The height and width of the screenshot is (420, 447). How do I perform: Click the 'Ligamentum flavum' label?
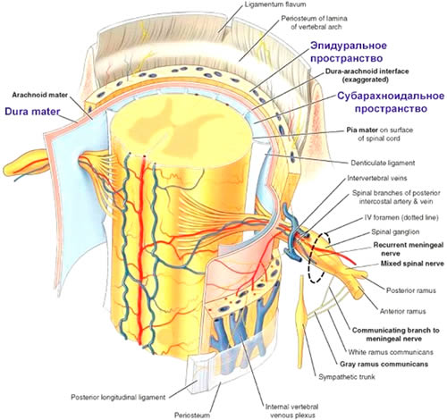pos(274,4)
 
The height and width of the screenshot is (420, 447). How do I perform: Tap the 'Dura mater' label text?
pos(32,112)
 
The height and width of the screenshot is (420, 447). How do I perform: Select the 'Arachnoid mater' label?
pos(40,95)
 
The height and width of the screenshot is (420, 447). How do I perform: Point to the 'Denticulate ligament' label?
pos(383,163)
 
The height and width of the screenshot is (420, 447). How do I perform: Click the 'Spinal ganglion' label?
pos(395,231)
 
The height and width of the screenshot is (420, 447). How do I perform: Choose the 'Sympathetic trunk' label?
pos(347,377)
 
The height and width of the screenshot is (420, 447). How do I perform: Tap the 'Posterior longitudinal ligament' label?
pos(118,398)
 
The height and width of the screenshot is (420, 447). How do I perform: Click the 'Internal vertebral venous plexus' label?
pos(291,411)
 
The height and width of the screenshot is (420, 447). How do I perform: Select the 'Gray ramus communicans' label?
pos(384,364)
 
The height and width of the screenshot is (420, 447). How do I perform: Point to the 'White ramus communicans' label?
pos(391,352)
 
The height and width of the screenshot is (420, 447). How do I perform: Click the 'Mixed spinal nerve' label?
pos(412,264)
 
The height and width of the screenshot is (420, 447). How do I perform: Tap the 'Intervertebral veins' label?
pos(377,178)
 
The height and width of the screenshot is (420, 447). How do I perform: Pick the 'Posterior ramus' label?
pos(411,290)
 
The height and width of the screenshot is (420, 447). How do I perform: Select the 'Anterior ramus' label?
pos(402,312)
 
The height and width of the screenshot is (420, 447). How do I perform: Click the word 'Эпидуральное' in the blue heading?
pos(349,46)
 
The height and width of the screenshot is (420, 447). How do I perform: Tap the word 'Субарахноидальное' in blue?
pos(391,96)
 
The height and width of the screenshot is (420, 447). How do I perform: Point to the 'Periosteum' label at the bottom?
pos(192,415)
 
